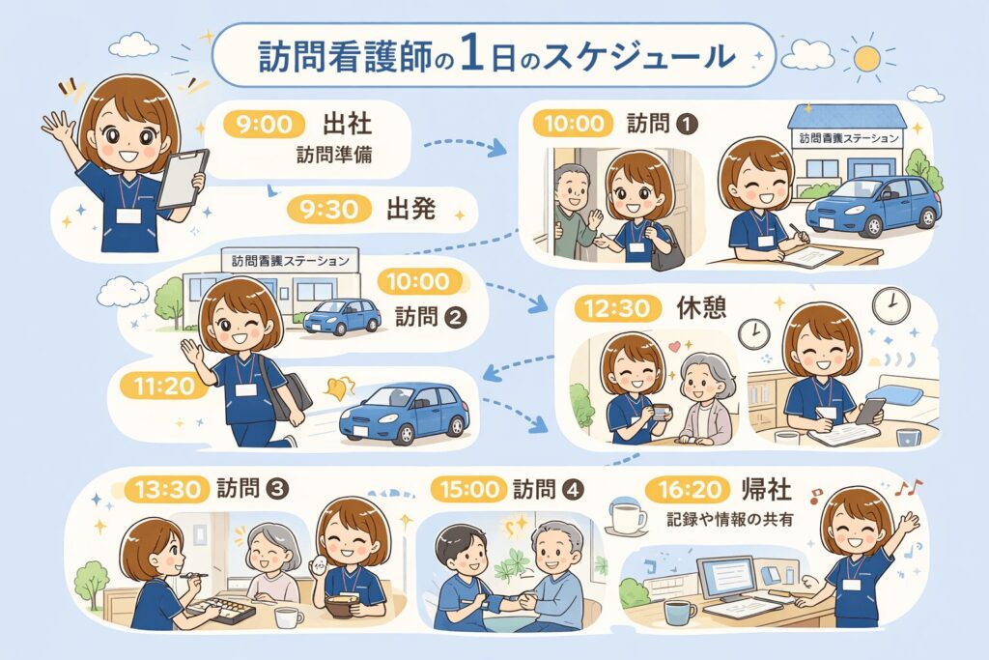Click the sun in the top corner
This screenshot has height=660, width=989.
coord(866,58)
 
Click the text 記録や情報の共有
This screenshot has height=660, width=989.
coord(731,520)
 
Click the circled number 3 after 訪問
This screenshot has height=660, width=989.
coord(278,489)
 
